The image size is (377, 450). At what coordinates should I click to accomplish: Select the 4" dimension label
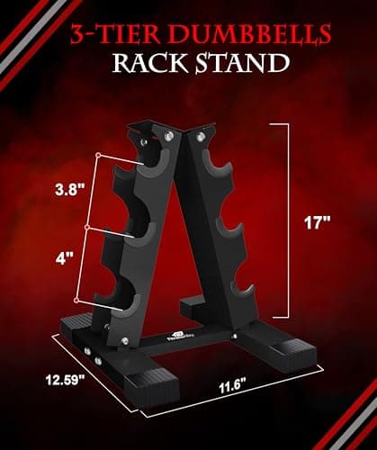point(63,258)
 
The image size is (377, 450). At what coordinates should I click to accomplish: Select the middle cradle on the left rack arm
point(141,236)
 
